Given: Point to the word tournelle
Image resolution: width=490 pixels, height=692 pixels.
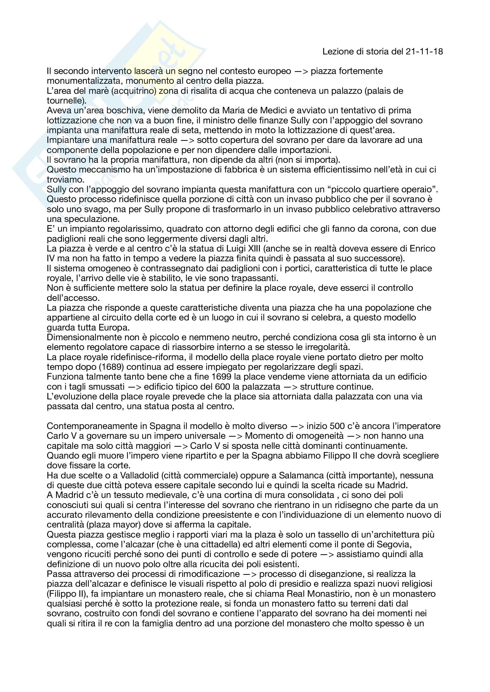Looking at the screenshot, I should point(65,101).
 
